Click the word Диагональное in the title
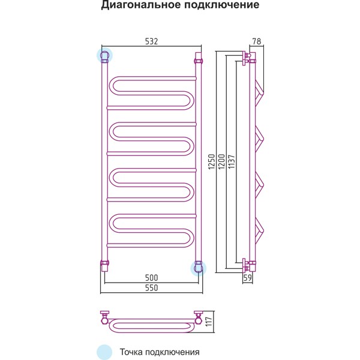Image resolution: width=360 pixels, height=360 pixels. pyautogui.click(x=141, y=5)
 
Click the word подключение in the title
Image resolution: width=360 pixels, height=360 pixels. pyautogui.click(x=222, y=5)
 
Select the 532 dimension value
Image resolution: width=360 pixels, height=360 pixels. pyautogui.click(x=152, y=41)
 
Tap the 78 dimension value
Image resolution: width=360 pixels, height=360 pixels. pyautogui.click(x=257, y=41)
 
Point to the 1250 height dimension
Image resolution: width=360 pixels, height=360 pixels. pyautogui.click(x=211, y=161)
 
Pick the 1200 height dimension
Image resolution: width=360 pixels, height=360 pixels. pyautogui.click(x=221, y=161)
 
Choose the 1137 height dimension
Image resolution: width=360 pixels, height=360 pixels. pyautogui.click(x=232, y=161)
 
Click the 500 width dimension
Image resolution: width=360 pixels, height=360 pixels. pyautogui.click(x=152, y=278)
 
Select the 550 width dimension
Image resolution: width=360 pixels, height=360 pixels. pyautogui.click(x=152, y=287)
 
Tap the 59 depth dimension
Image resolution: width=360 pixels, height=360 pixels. pyautogui.click(x=247, y=278)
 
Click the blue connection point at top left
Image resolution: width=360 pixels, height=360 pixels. pyautogui.click(x=104, y=56)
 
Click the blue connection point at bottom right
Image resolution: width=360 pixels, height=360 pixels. pyautogui.click(x=199, y=268)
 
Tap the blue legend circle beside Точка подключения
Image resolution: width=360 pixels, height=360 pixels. pyautogui.click(x=104, y=352)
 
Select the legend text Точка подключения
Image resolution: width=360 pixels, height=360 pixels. pyautogui.click(x=160, y=352)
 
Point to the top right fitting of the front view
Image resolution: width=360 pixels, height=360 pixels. pyautogui.click(x=199, y=58)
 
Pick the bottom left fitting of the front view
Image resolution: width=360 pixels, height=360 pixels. pyautogui.click(x=104, y=266)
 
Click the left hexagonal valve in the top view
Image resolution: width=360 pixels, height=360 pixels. pyautogui.click(x=104, y=320)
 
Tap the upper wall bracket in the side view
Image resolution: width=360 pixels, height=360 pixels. pyautogui.click(x=245, y=58)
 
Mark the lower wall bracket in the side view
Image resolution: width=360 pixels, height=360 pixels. pyautogui.click(x=245, y=266)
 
